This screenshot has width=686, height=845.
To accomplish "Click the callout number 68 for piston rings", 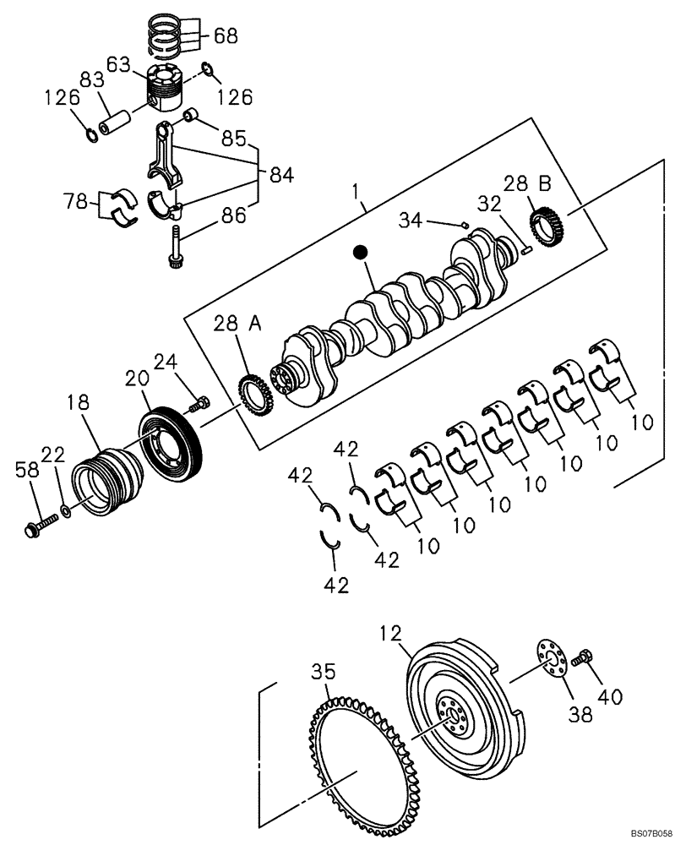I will [x=226, y=35].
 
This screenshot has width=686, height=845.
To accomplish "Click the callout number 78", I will [x=75, y=202].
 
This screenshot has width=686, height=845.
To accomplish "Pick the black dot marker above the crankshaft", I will [x=361, y=252].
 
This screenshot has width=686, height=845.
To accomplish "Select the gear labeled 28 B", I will [x=549, y=226].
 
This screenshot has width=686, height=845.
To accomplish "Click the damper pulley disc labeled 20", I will [x=169, y=440].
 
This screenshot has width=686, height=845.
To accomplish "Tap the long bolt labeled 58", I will [x=38, y=527].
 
